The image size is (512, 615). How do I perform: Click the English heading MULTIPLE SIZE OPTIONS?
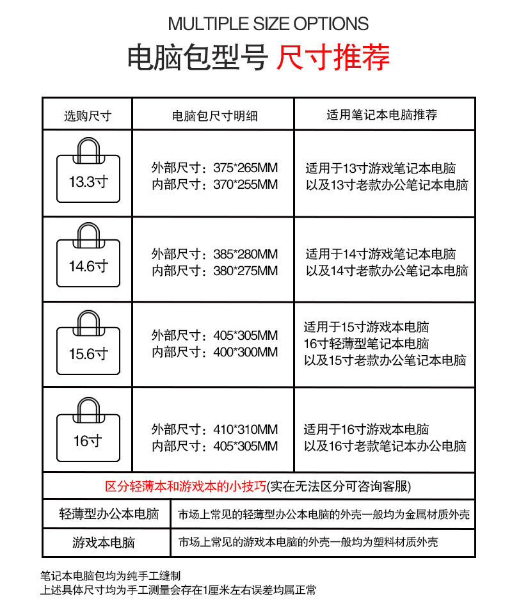(x=268, y=24)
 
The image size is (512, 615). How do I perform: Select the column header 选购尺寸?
(x=87, y=116)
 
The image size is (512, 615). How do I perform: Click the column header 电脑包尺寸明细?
(x=214, y=116)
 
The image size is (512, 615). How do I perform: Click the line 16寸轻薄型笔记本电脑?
(x=366, y=344)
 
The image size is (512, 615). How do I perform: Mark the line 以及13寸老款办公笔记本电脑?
(x=387, y=186)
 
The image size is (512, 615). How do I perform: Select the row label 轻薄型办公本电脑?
(x=109, y=514)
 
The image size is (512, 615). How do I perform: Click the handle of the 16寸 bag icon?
(x=88, y=406)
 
